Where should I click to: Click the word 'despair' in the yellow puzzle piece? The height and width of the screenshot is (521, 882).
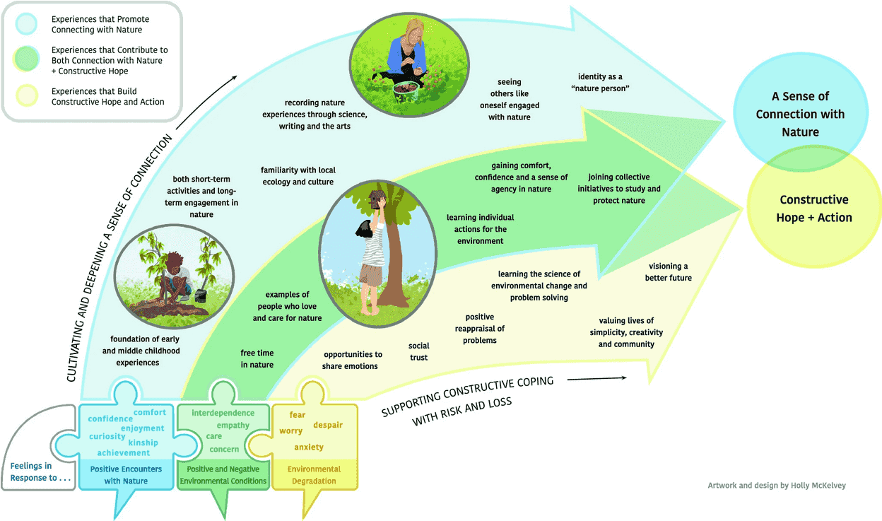click(327, 426)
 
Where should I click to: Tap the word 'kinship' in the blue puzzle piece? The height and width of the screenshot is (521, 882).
click(143, 443)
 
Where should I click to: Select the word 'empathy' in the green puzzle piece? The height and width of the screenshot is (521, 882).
click(233, 426)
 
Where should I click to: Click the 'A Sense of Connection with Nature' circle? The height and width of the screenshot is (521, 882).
click(800, 114)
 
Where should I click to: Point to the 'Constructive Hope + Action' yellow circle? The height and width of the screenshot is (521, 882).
click(813, 209)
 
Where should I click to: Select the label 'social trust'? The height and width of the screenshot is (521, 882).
click(418, 351)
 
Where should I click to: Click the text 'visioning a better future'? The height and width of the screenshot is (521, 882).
click(668, 272)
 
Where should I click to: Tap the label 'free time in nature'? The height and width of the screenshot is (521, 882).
click(257, 358)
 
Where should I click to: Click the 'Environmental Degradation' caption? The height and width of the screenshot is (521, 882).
click(314, 475)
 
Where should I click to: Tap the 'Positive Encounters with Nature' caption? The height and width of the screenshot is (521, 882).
click(126, 475)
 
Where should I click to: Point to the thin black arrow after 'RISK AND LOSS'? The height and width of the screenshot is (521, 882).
click(596, 378)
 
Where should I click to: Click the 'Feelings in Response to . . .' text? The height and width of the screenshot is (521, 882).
click(41, 472)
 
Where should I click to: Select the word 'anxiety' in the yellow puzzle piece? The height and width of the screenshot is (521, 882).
click(309, 447)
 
